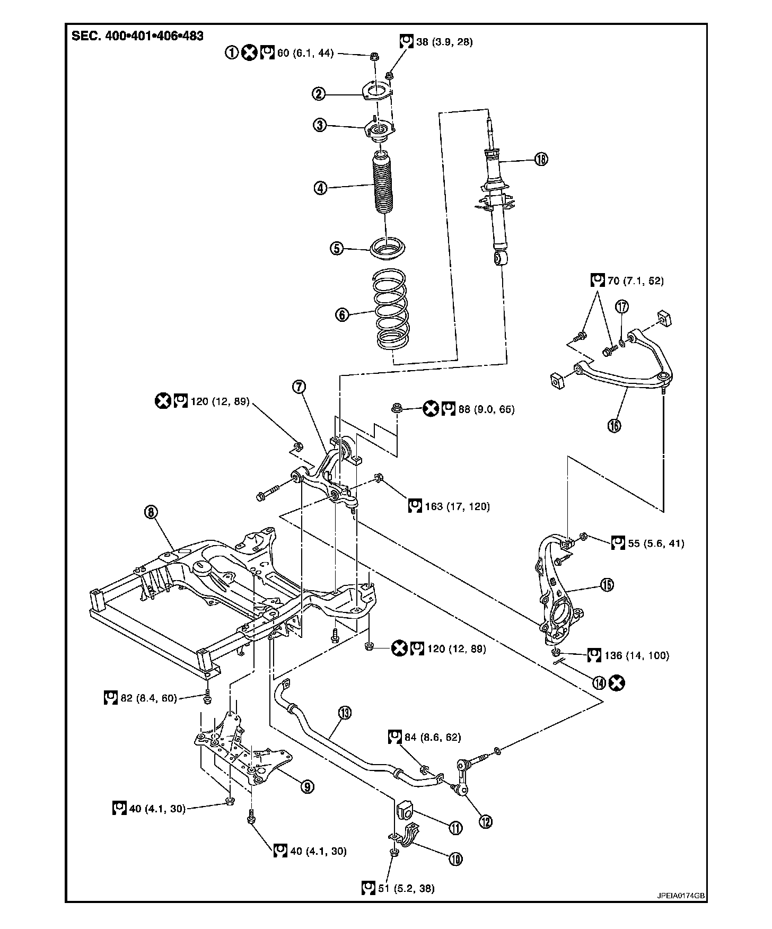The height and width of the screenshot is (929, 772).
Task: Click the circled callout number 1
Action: click(x=232, y=52)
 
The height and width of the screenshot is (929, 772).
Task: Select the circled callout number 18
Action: click(x=541, y=159)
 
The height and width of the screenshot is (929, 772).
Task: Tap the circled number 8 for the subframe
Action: click(x=151, y=512)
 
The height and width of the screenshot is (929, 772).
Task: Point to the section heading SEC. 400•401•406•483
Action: click(x=138, y=36)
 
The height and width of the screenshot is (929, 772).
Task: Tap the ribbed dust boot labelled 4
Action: click(x=384, y=186)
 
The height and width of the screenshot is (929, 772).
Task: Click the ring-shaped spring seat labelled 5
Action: click(x=389, y=249)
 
